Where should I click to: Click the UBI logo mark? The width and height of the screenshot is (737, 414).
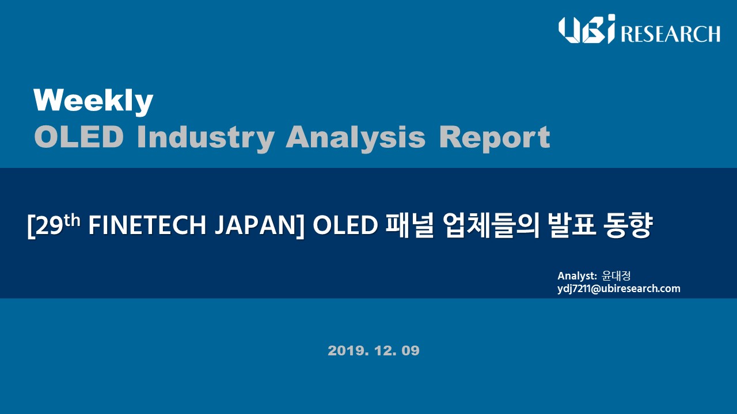[x=586, y=29]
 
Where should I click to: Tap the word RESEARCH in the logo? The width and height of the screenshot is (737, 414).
[x=671, y=34]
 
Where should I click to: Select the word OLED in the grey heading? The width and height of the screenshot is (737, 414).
[x=79, y=137]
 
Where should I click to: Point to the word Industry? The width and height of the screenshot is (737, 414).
[x=206, y=139]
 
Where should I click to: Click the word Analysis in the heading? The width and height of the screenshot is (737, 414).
[x=356, y=139]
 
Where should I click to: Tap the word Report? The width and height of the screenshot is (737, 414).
[x=495, y=139]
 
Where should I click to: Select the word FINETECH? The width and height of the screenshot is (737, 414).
[x=147, y=226]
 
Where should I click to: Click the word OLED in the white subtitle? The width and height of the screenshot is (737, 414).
[x=345, y=226]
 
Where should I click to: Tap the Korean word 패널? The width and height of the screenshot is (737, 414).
[x=409, y=226]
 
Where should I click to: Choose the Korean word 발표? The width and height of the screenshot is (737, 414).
[x=572, y=226]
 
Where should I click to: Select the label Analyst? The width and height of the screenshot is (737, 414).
[x=577, y=276]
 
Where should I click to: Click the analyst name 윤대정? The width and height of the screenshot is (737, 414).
[x=616, y=275]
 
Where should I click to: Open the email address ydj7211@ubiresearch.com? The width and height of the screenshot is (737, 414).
[x=619, y=289]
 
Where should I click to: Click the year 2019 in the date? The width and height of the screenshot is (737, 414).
[x=348, y=351]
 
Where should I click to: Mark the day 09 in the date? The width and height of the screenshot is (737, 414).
[x=411, y=351]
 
